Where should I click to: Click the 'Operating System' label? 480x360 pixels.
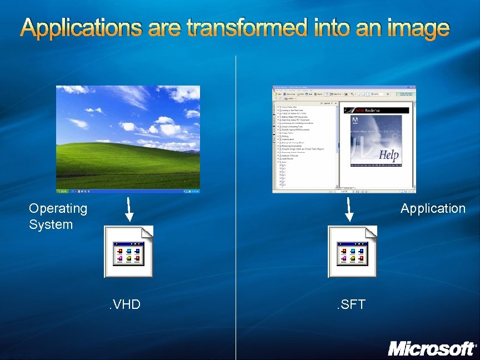coord(58,216)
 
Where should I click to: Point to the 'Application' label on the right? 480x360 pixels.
coord(433,208)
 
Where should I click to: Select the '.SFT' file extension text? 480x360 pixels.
coord(350,304)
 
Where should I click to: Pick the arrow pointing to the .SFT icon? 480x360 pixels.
coord(349,208)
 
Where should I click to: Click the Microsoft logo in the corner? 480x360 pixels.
coord(432,348)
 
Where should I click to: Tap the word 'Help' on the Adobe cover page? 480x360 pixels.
coord(389,155)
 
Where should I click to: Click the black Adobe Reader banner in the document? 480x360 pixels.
coord(376,110)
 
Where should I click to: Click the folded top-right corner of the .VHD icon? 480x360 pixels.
coord(147,231)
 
